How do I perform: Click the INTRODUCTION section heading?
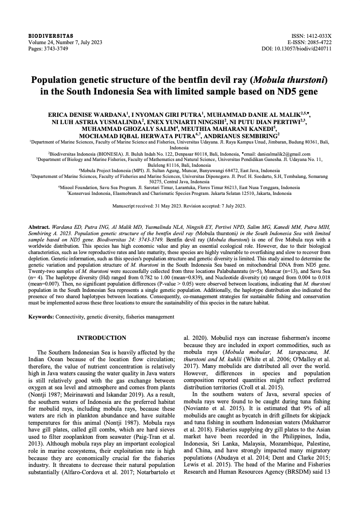(x=102, y=338)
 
